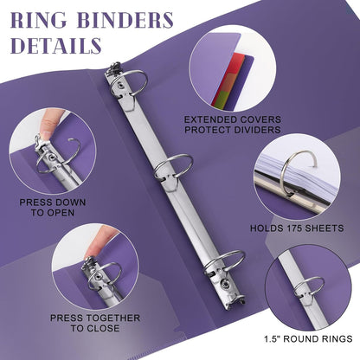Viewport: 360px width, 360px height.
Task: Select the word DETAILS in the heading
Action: pos(56,45)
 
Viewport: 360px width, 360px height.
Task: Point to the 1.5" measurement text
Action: pos(272,338)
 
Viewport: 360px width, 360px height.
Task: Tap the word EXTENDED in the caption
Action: pos(206,119)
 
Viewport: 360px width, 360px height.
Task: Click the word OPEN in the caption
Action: pos(61,213)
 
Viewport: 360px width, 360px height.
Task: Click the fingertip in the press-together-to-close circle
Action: pos(95,246)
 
